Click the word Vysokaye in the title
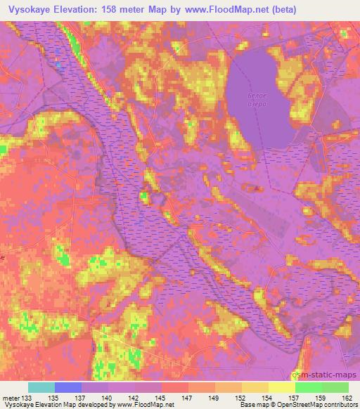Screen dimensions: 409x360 tap(31, 10)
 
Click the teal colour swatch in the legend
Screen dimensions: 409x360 tap(41, 387)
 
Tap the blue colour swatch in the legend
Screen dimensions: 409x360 tap(68, 387)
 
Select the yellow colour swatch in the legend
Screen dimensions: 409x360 tap(281, 387)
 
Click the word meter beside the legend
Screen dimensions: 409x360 tap(11, 397)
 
